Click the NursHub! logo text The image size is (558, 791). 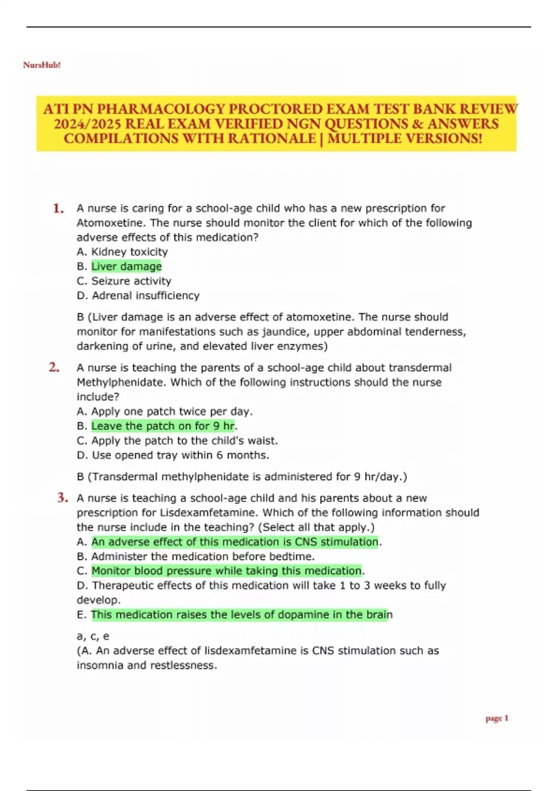[42, 65]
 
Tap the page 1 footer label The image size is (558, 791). [497, 718]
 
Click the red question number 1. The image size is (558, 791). [58, 208]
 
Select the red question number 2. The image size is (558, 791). [54, 368]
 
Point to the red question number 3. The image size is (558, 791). [63, 498]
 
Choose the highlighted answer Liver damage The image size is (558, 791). [126, 266]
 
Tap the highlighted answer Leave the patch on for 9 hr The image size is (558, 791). [163, 426]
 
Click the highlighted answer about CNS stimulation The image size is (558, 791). [235, 542]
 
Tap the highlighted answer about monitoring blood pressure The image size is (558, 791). [226, 571]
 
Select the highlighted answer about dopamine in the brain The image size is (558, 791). [239, 615]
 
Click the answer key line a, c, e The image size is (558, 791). [93, 636]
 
